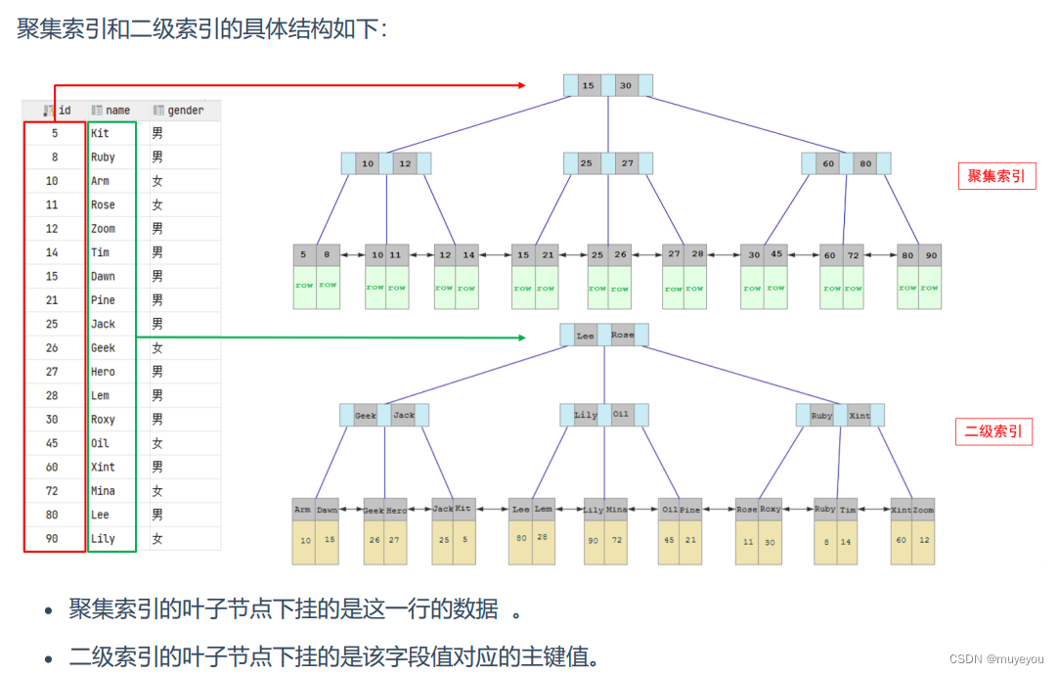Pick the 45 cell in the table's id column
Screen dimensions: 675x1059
click(52, 443)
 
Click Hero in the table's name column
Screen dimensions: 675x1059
click(103, 372)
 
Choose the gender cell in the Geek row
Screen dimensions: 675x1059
click(157, 348)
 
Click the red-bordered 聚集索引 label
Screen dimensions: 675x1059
click(996, 176)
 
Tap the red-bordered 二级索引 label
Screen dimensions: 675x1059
click(993, 431)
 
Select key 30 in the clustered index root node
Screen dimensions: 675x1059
click(626, 86)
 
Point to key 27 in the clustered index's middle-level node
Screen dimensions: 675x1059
click(627, 163)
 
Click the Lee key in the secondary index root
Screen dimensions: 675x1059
click(585, 336)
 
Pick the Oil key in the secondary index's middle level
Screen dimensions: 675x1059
click(622, 415)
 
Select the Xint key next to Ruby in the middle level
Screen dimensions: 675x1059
click(860, 416)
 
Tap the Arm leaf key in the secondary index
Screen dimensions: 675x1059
click(303, 510)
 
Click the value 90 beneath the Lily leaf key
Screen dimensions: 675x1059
click(594, 541)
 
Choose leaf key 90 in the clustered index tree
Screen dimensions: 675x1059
click(931, 255)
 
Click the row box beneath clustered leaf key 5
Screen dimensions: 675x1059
click(304, 286)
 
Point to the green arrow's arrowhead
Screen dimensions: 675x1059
click(522, 337)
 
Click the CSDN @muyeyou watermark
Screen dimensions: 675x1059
click(996, 659)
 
